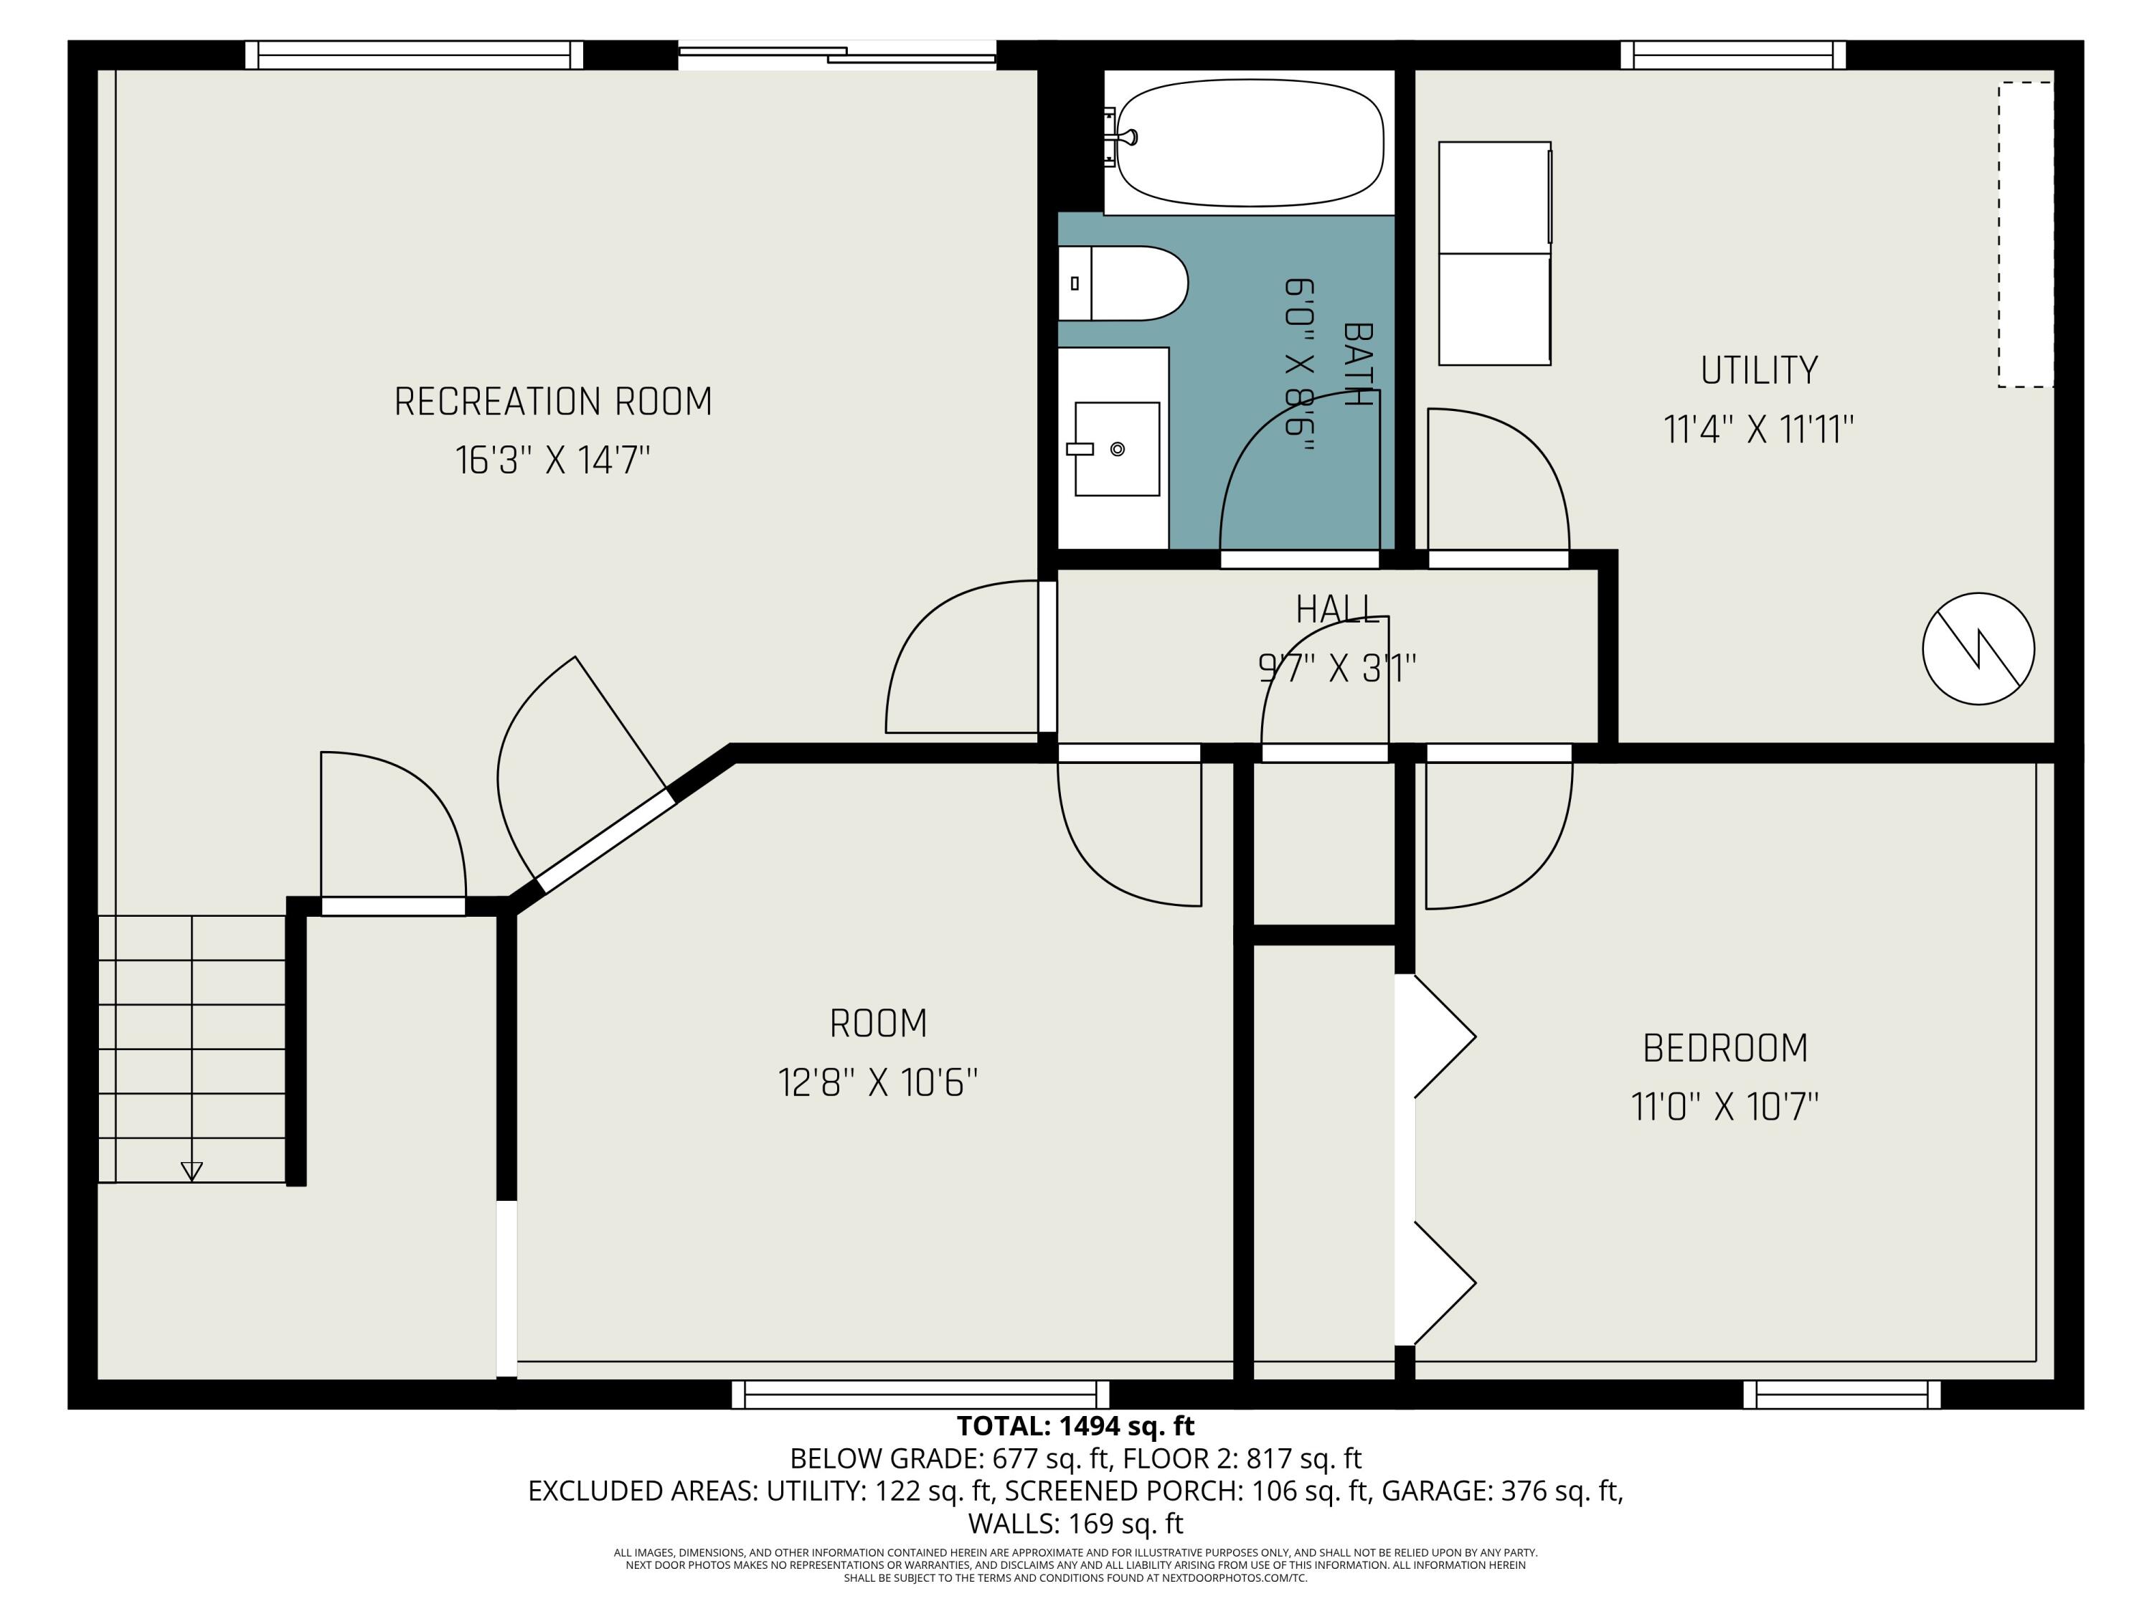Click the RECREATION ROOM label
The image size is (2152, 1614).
click(x=552, y=402)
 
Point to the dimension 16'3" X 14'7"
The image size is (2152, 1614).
click(x=552, y=461)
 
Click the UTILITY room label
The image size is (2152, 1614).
click(x=1758, y=371)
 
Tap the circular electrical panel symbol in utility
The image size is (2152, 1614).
click(x=1978, y=649)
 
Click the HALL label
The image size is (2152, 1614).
click(x=1336, y=610)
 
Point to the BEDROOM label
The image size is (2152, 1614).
click(x=1725, y=1049)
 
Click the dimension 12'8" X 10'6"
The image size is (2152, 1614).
click(x=877, y=1082)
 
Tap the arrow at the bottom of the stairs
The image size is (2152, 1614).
click(x=192, y=1171)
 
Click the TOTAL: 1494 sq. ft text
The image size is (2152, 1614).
click(x=1075, y=1426)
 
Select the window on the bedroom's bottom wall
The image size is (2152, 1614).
click(x=1841, y=1394)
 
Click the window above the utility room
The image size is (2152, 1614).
click(x=1732, y=55)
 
